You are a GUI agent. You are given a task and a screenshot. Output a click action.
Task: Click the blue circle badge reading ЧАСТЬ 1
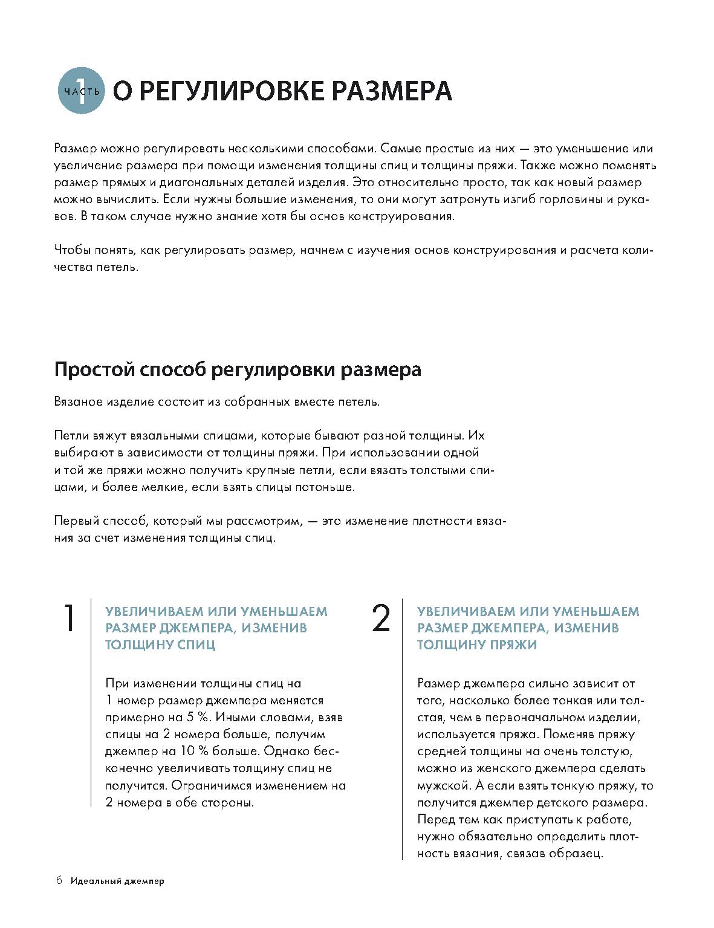coord(81,91)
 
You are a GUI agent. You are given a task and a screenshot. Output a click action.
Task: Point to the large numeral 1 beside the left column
coord(70,618)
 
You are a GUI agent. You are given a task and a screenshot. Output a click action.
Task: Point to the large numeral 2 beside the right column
coord(381,618)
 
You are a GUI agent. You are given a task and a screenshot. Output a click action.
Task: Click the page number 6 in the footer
coord(59,880)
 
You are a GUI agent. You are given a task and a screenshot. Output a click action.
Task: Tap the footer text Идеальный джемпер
coord(117,881)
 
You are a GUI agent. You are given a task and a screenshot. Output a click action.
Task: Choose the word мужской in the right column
coord(443,786)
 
